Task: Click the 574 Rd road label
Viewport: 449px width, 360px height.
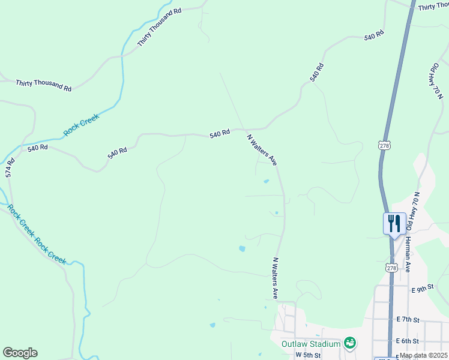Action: [x=9, y=167]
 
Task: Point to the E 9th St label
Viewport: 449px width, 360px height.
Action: [x=423, y=289]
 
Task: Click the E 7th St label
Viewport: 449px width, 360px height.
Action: [x=408, y=320]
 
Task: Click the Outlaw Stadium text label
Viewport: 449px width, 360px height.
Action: [x=311, y=344]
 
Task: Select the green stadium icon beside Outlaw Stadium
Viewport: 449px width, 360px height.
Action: [x=350, y=343]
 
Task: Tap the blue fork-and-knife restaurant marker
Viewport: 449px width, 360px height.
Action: [x=394, y=224]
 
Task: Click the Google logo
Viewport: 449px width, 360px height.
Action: [x=20, y=353]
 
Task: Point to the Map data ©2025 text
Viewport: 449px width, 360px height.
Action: [x=424, y=355]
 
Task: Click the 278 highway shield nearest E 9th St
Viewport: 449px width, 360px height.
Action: [x=391, y=268]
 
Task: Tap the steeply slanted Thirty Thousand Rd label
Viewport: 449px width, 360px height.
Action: [x=159, y=28]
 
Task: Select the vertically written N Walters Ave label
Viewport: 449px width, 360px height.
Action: [x=276, y=278]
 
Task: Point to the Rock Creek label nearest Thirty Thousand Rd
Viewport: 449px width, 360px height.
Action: [x=80, y=125]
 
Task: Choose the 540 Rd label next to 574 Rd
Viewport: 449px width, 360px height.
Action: [x=37, y=147]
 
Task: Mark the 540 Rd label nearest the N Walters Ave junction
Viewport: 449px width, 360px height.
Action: [x=220, y=134]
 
